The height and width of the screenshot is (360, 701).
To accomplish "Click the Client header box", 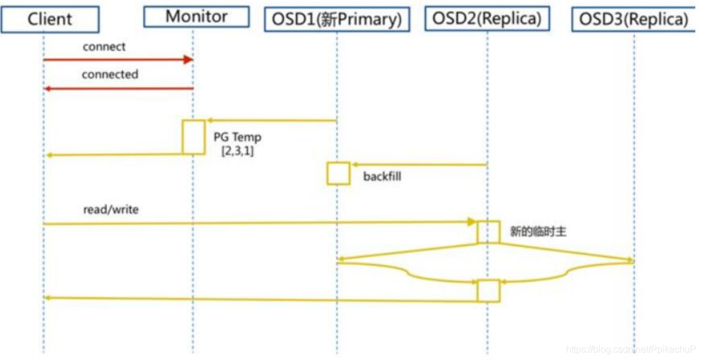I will point(50,19).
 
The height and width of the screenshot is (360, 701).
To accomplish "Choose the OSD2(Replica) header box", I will point(487,19).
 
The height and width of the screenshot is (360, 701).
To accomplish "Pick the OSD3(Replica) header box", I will point(634,19).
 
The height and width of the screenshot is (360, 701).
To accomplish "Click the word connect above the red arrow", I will point(104,47).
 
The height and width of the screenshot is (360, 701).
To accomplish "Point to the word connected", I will point(110,75).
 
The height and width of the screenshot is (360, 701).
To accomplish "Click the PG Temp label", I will point(237,138).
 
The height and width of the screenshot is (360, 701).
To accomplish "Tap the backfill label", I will point(382,176).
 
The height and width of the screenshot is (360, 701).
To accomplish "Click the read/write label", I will point(111,209).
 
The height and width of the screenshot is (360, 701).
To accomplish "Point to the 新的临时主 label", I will point(538,232).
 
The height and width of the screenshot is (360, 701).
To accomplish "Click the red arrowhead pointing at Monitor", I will point(188,60).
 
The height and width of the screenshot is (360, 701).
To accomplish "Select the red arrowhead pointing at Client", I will point(49,88).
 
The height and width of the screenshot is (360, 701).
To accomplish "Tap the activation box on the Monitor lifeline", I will point(193,137).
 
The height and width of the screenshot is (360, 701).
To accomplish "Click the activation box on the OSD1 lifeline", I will point(338,174).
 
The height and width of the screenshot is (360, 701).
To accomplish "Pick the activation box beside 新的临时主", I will point(488,232).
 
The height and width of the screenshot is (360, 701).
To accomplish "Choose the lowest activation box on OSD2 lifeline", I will point(488,290).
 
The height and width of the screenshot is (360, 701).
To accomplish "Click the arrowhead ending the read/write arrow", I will point(471,222).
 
